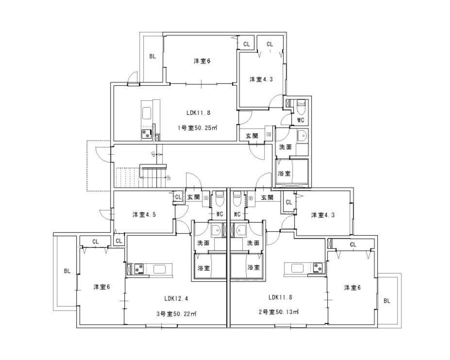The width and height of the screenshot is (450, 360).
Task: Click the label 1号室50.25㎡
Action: pyautogui.click(x=197, y=128)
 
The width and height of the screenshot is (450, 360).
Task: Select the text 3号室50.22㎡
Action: pyautogui.click(x=176, y=313)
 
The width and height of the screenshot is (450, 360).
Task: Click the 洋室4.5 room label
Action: pyautogui.click(x=144, y=214)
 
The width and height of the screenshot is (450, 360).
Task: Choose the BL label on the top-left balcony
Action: pyautogui.click(x=152, y=56)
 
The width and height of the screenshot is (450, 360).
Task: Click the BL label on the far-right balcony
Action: pyautogui.click(x=387, y=301)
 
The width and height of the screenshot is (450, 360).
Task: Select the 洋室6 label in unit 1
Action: pyautogui.click(x=201, y=61)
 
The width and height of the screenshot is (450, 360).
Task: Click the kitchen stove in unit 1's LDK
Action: pyautogui.click(x=146, y=134)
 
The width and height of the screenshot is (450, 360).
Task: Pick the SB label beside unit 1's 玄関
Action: pyautogui.click(x=268, y=135)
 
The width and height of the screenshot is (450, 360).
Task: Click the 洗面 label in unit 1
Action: pyautogui.click(x=285, y=147)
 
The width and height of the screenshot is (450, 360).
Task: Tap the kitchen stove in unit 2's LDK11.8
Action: pyautogui.click(x=318, y=267)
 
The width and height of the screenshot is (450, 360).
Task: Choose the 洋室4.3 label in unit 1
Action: pyautogui.click(x=261, y=79)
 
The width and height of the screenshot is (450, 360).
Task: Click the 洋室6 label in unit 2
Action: pyautogui.click(x=352, y=288)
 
